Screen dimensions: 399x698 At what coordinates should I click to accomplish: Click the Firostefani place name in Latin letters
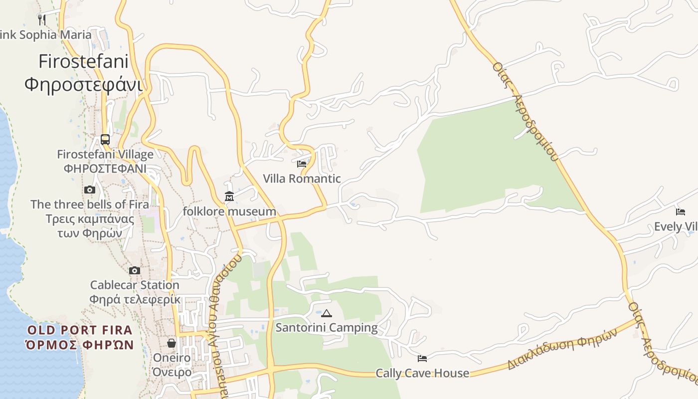pyautogui.click(x=83, y=62)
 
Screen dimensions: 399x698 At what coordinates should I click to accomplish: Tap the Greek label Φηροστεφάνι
pyautogui.click(x=83, y=84)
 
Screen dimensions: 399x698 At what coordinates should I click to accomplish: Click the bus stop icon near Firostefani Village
pyautogui.click(x=105, y=139)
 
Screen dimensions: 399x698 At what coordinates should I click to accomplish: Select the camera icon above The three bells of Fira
pyautogui.click(x=90, y=190)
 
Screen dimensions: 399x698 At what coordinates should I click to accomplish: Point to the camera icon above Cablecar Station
pyautogui.click(x=135, y=270)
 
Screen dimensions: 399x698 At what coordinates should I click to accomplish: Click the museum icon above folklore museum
pyautogui.click(x=229, y=197)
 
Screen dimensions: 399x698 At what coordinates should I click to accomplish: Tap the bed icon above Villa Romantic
pyautogui.click(x=302, y=164)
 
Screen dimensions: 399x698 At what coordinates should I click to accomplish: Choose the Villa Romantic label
pyautogui.click(x=302, y=179)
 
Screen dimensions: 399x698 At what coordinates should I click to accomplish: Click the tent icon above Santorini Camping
pyautogui.click(x=327, y=313)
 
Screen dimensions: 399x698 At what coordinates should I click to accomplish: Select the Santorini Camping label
pyautogui.click(x=327, y=328)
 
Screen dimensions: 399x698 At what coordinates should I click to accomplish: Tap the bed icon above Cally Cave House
pyautogui.click(x=422, y=358)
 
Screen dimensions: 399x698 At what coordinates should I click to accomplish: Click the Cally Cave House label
pyautogui.click(x=422, y=373)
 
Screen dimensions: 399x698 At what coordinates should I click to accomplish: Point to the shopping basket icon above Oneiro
pyautogui.click(x=172, y=343)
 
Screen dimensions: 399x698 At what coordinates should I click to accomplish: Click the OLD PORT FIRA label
pyautogui.click(x=80, y=330)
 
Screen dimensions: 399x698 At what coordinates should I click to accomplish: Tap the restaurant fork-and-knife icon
pyautogui.click(x=42, y=19)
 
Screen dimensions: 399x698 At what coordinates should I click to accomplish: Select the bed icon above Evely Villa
pyautogui.click(x=681, y=211)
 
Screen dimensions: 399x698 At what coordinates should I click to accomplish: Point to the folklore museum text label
pyautogui.click(x=229, y=211)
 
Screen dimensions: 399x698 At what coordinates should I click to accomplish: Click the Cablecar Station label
pyautogui.click(x=135, y=285)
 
